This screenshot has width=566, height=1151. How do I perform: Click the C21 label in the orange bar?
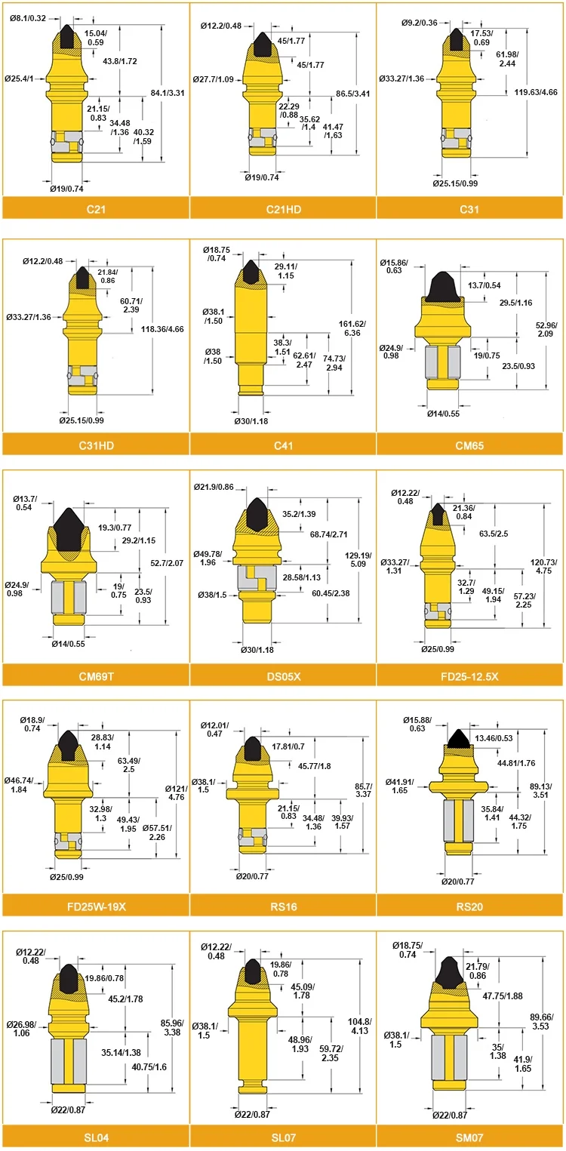pos(96,209)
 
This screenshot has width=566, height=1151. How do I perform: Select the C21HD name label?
pos(284,209)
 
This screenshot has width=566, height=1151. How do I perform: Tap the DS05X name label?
pos(284,676)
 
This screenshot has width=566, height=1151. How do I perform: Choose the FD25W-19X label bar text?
pos(96,906)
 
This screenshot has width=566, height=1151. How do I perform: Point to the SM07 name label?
pos(469,1137)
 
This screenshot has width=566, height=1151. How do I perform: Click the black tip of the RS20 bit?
pos(458,739)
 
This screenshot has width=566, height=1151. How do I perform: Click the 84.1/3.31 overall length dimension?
pos(168,93)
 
